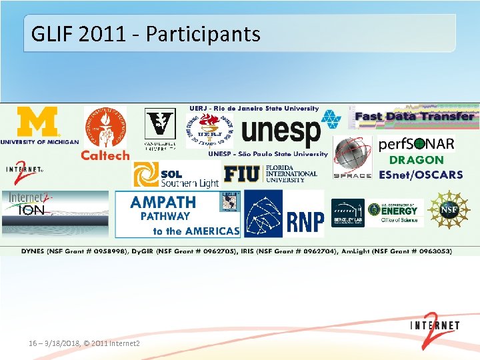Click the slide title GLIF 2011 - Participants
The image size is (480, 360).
coord(145,33)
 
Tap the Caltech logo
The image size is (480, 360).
coord(105,133)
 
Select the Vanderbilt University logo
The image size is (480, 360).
coord(160,127)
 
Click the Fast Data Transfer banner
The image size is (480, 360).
coord(414,116)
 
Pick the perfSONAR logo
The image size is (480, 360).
coord(416,144)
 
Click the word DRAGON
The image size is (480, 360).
coord(415,160)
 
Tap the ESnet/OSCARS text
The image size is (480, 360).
coord(420,175)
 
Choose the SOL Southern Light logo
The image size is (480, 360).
coord(177,175)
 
